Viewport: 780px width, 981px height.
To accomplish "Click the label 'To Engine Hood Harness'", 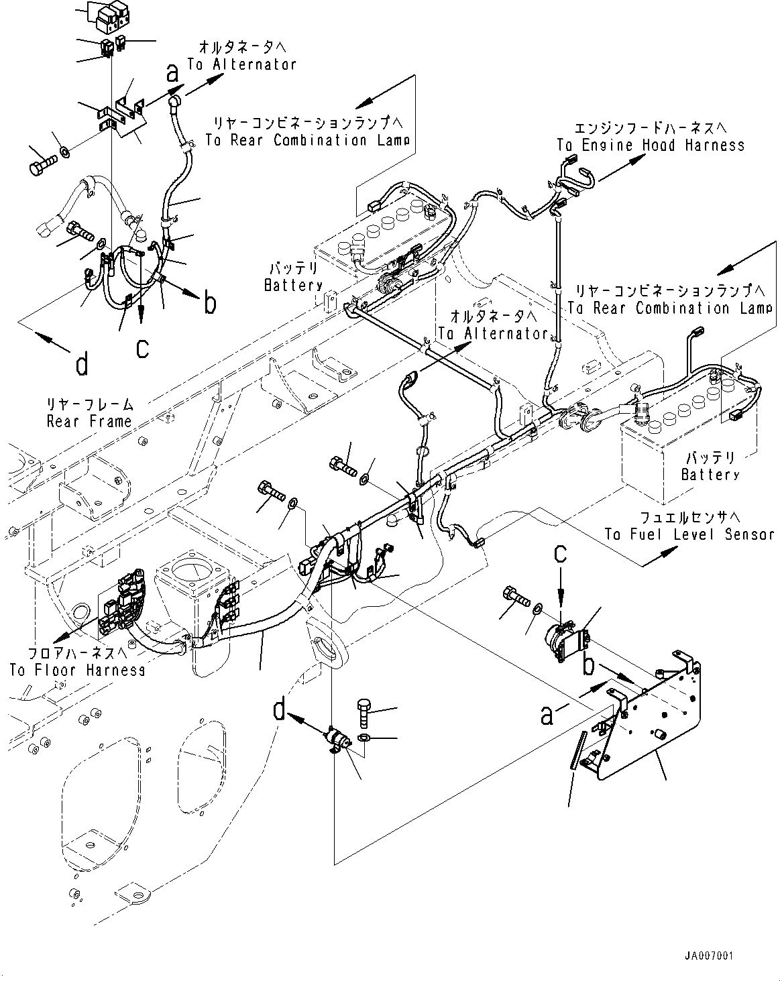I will coord(650,146).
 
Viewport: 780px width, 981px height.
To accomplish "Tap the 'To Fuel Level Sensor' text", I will coord(689,534).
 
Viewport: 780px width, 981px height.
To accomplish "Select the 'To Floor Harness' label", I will coord(77,670).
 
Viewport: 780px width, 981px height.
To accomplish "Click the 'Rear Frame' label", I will coord(89,421).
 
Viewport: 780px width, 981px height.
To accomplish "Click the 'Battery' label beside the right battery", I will coord(710,475).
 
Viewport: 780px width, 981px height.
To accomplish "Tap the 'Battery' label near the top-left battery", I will coord(293,285).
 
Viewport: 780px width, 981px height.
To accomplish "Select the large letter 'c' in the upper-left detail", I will coord(143,348).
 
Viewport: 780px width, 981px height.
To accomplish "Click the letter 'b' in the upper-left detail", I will coord(210,304).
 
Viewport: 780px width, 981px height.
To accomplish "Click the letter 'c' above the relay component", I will coord(561,554).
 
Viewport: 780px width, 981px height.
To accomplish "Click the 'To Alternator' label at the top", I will coord(241,64).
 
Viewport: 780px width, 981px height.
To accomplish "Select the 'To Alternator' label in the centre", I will coord(493,333).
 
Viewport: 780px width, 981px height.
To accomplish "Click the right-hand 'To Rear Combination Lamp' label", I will coord(670,308).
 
